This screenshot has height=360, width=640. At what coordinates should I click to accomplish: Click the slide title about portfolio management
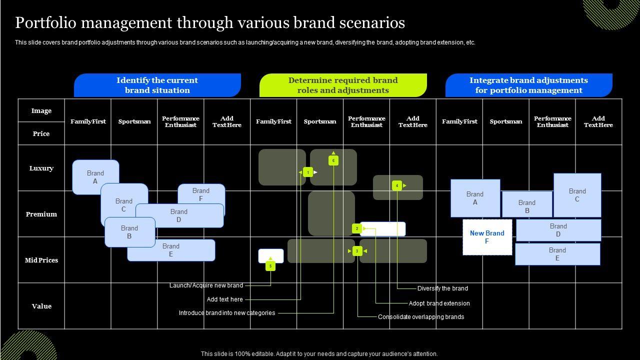click(210, 23)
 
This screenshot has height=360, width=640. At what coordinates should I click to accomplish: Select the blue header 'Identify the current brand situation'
click(157, 85)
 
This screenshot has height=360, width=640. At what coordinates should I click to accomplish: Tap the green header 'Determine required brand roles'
click(343, 85)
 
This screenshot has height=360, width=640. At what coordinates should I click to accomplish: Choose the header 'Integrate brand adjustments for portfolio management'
click(528, 85)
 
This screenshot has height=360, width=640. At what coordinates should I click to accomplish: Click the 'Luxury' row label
click(41, 168)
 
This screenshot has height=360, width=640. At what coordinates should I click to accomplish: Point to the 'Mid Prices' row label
click(41, 260)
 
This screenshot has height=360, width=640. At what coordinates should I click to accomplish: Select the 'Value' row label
click(41, 306)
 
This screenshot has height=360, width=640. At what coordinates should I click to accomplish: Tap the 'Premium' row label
click(41, 214)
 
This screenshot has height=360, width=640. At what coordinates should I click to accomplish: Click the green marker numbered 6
click(333, 160)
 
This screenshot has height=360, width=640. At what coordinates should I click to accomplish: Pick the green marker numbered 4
click(397, 185)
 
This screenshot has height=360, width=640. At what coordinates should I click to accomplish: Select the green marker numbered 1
click(308, 172)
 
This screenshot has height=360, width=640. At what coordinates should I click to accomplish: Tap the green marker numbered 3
click(357, 250)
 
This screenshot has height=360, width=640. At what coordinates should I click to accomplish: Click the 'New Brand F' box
click(487, 237)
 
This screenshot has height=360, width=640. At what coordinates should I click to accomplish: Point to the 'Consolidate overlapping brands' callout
click(421, 317)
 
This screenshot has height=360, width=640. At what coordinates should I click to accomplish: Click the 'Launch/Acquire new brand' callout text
click(206, 285)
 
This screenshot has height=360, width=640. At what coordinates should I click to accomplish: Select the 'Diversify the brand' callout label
click(442, 288)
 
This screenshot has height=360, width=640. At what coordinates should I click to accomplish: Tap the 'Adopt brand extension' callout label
click(439, 303)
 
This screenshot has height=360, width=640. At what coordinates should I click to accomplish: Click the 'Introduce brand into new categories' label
click(227, 313)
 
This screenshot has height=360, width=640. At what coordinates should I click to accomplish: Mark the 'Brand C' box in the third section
click(577, 195)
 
